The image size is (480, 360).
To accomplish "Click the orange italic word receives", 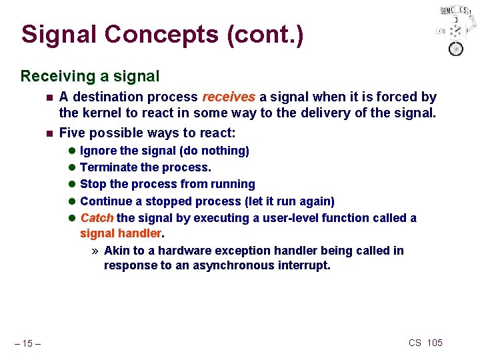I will tap(229, 97).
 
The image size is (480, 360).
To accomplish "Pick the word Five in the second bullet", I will tap(72, 133).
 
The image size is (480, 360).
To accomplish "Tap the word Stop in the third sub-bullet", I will tap(93, 184).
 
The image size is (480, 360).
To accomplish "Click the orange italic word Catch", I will tap(97, 217).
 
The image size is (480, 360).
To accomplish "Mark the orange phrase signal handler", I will tap(121, 233).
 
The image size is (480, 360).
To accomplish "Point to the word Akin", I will tap(117, 250).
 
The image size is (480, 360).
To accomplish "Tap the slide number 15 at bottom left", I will tap(29, 343).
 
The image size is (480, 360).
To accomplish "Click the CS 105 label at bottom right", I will tap(425, 343).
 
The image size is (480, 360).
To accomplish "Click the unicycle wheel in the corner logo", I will tap(455, 49).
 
